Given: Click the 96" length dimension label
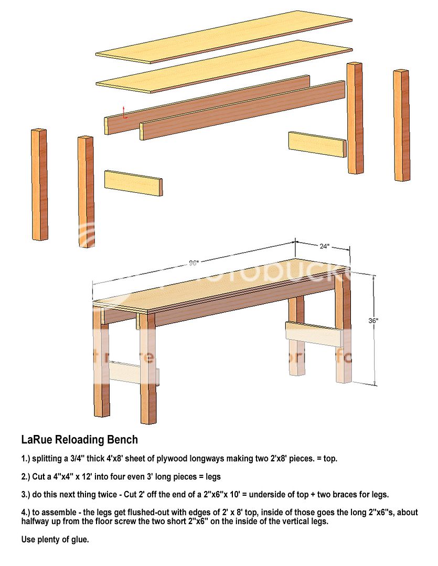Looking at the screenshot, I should [194, 263].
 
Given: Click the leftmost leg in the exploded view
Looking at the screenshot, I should [40, 184].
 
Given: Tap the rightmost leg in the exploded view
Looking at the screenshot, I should [402, 125].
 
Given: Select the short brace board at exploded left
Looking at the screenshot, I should [133, 183].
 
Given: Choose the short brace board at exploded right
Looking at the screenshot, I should [317, 144].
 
